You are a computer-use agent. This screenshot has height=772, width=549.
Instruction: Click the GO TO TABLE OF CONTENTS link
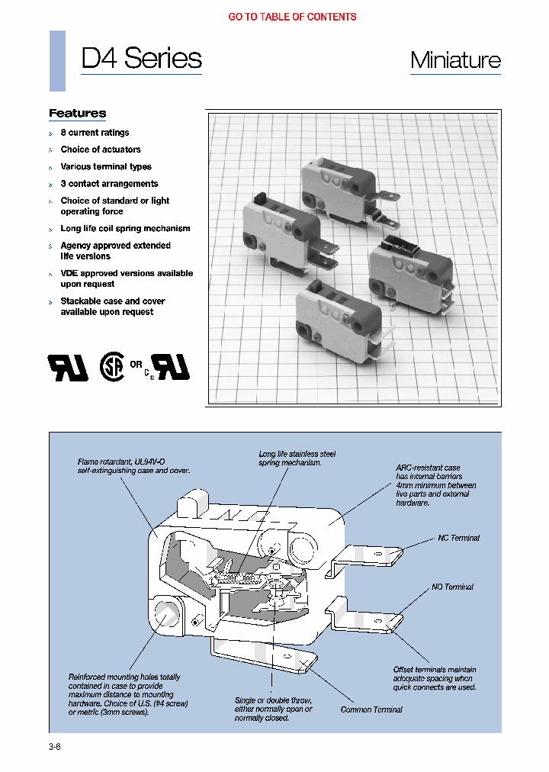(x=292, y=17)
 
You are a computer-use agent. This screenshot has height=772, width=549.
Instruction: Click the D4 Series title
(x=141, y=59)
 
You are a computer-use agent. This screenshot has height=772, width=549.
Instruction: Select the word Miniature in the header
(x=455, y=60)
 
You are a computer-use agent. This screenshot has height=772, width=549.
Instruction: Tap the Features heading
(x=77, y=114)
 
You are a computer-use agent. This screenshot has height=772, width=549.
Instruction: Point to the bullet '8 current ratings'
(x=95, y=133)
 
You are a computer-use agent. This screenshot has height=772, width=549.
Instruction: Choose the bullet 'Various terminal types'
(x=106, y=166)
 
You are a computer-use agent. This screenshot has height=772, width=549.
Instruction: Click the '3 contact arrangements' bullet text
(x=109, y=184)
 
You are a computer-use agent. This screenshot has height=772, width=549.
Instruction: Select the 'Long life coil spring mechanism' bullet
(x=125, y=229)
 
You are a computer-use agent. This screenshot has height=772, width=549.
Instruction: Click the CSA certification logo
(x=112, y=367)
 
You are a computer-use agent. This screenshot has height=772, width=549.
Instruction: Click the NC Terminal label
(x=458, y=538)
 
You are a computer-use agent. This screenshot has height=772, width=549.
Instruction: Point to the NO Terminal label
(x=452, y=587)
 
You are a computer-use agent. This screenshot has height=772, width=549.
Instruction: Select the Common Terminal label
(x=371, y=709)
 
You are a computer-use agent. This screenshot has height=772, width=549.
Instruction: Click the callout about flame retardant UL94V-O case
(x=133, y=466)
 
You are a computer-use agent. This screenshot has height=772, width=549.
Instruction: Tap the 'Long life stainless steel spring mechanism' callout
(x=297, y=458)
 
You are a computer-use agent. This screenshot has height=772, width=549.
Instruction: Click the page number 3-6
(x=54, y=747)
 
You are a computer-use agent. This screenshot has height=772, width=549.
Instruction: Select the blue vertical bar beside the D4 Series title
(x=57, y=61)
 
